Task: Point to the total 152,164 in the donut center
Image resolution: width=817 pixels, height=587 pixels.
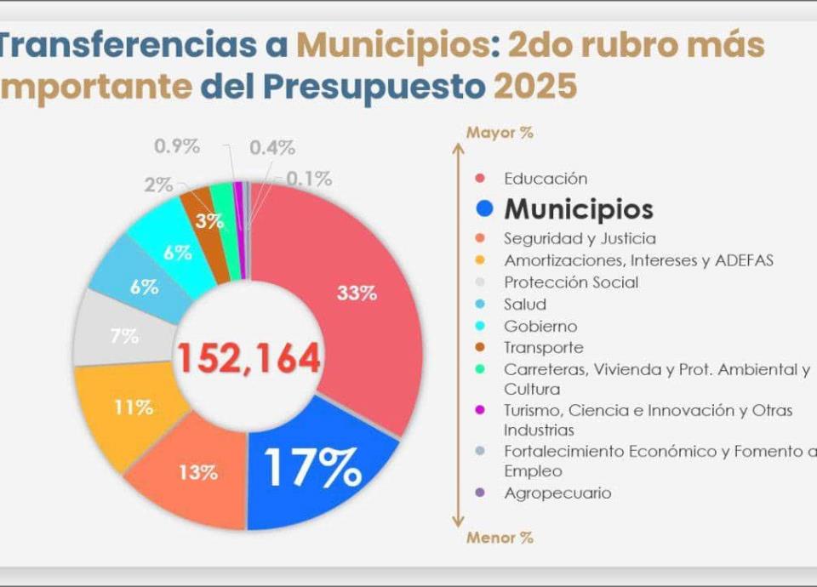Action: [249, 358]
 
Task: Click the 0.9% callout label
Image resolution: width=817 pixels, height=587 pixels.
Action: [176, 145]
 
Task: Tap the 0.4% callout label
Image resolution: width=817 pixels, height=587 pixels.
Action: [272, 147]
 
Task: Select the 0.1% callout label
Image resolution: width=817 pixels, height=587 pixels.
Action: [308, 180]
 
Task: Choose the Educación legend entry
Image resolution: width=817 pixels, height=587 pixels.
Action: [545, 179]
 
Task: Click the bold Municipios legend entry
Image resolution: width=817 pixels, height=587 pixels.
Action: [579, 209]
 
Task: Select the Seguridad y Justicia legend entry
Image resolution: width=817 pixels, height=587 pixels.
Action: [580, 239]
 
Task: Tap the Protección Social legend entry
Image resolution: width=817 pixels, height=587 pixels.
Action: [570, 282]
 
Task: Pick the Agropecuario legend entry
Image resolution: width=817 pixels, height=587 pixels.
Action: [557, 493]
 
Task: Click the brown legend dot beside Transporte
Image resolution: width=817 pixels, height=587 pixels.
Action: [480, 348]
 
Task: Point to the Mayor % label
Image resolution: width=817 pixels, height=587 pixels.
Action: [500, 133]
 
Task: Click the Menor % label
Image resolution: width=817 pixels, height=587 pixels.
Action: [500, 538]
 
